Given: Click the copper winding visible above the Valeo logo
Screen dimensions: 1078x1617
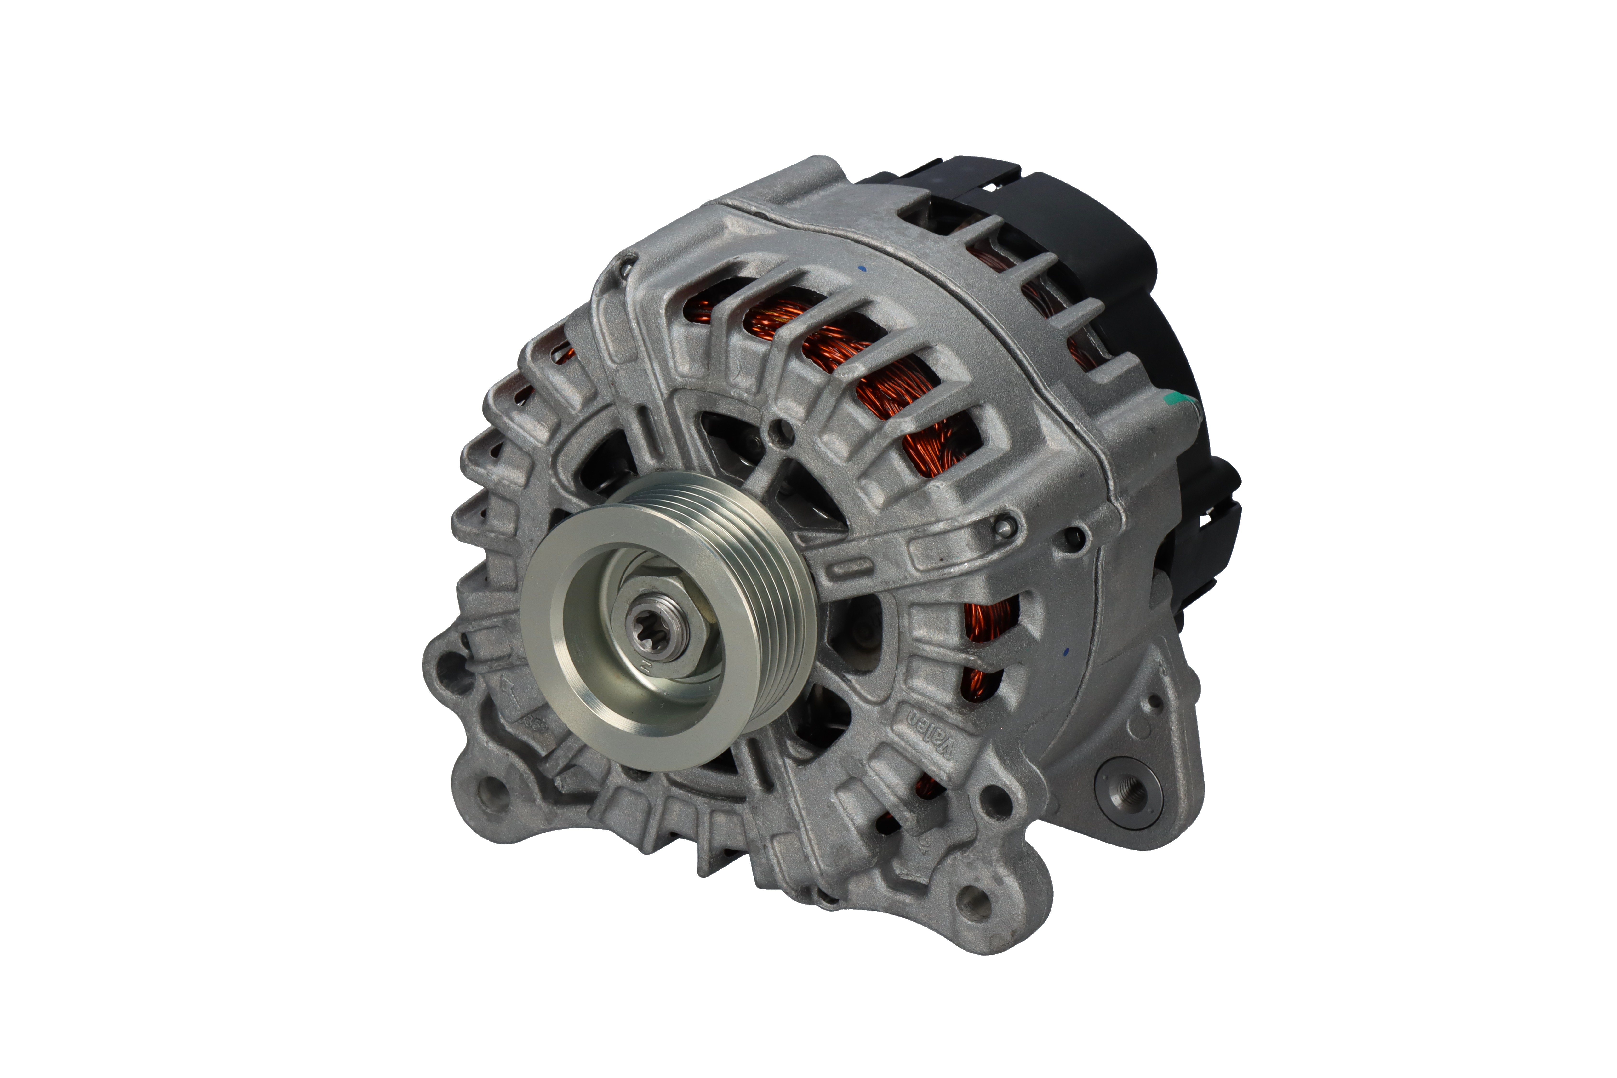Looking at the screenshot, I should tap(984, 622).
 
